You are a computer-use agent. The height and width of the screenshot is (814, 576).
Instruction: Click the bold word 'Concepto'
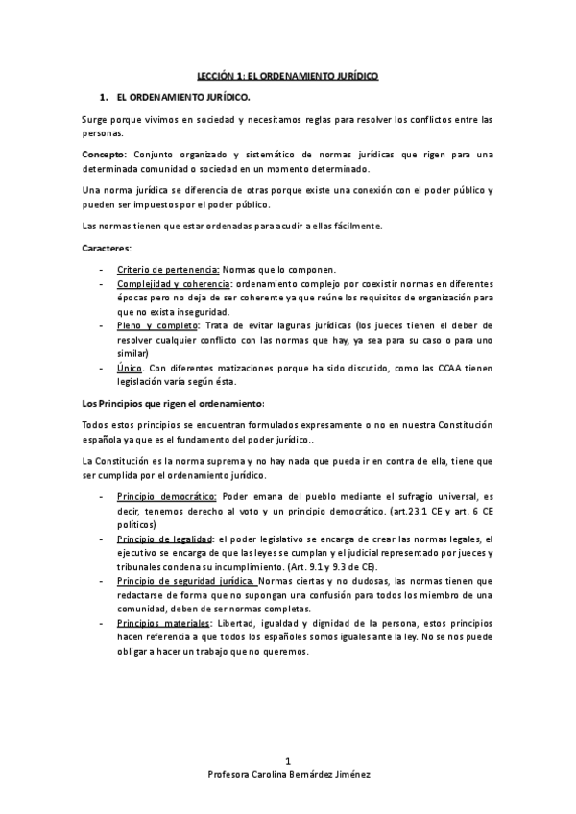pyautogui.click(x=103, y=155)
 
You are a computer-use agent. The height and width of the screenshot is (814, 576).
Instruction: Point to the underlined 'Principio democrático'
pyautogui.click(x=166, y=497)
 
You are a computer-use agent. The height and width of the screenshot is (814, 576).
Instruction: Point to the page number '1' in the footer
pyautogui.click(x=287, y=787)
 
